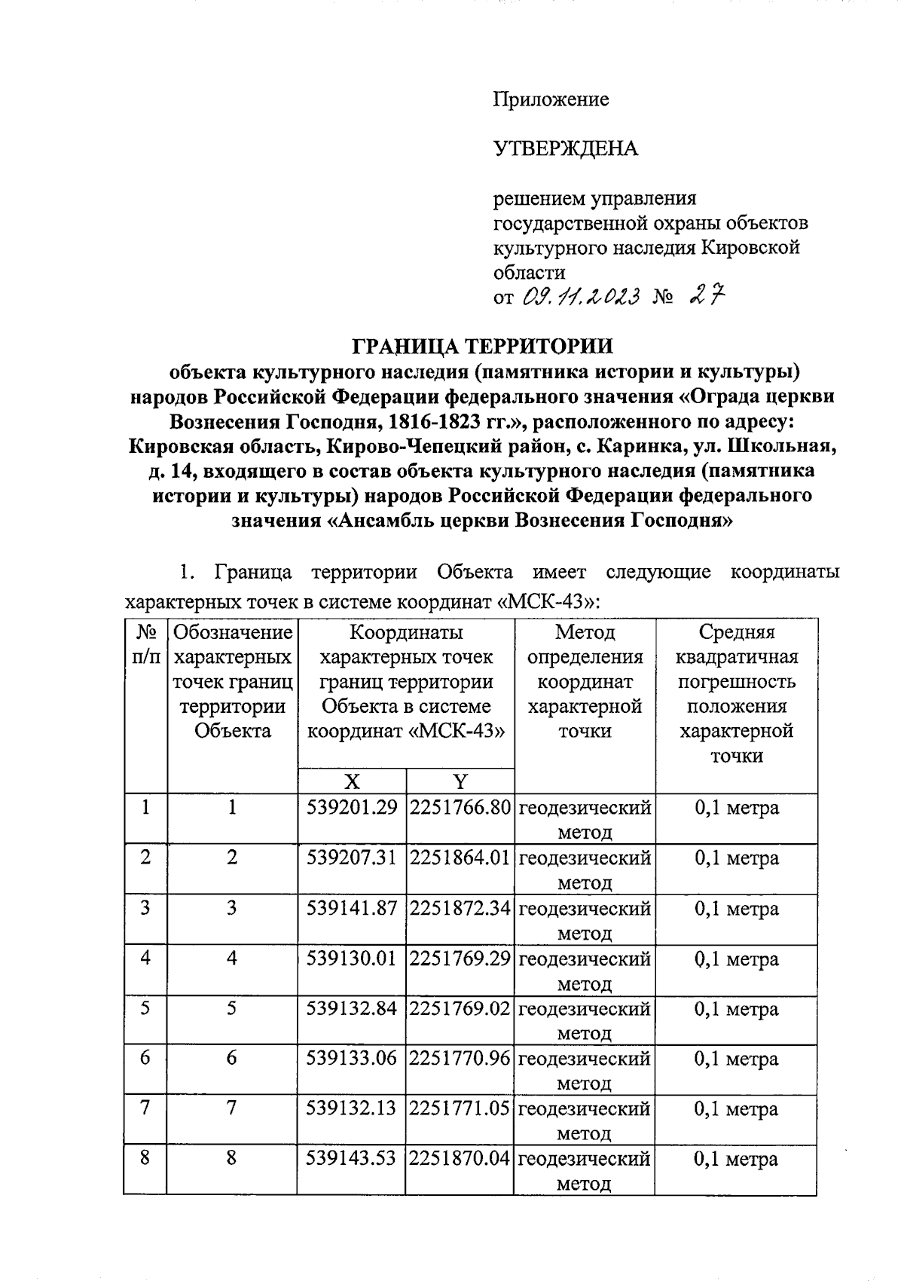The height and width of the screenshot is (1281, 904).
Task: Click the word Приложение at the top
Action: coord(551,99)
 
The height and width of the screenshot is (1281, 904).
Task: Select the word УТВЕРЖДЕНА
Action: coord(565,148)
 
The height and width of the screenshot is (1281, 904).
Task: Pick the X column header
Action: coord(352,781)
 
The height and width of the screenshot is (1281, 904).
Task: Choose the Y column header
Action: coord(460,781)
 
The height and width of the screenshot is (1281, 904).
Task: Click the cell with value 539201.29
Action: coord(352,809)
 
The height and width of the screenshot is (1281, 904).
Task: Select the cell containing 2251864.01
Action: coord(460,858)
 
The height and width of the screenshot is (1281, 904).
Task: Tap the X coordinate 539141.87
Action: coord(352,909)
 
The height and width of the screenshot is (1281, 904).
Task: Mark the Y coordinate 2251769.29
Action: coord(460,959)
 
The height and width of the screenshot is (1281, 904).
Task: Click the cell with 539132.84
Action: coord(352,1009)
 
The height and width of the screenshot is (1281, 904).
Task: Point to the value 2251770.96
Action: coord(460,1059)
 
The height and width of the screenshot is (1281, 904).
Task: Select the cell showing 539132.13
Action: coord(352,1109)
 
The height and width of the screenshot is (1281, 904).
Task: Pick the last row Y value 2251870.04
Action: coord(460,1159)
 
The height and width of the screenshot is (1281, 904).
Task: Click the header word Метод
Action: coord(585,632)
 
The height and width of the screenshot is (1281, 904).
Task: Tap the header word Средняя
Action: coord(737,632)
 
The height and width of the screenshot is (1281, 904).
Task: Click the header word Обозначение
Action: coord(233,632)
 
